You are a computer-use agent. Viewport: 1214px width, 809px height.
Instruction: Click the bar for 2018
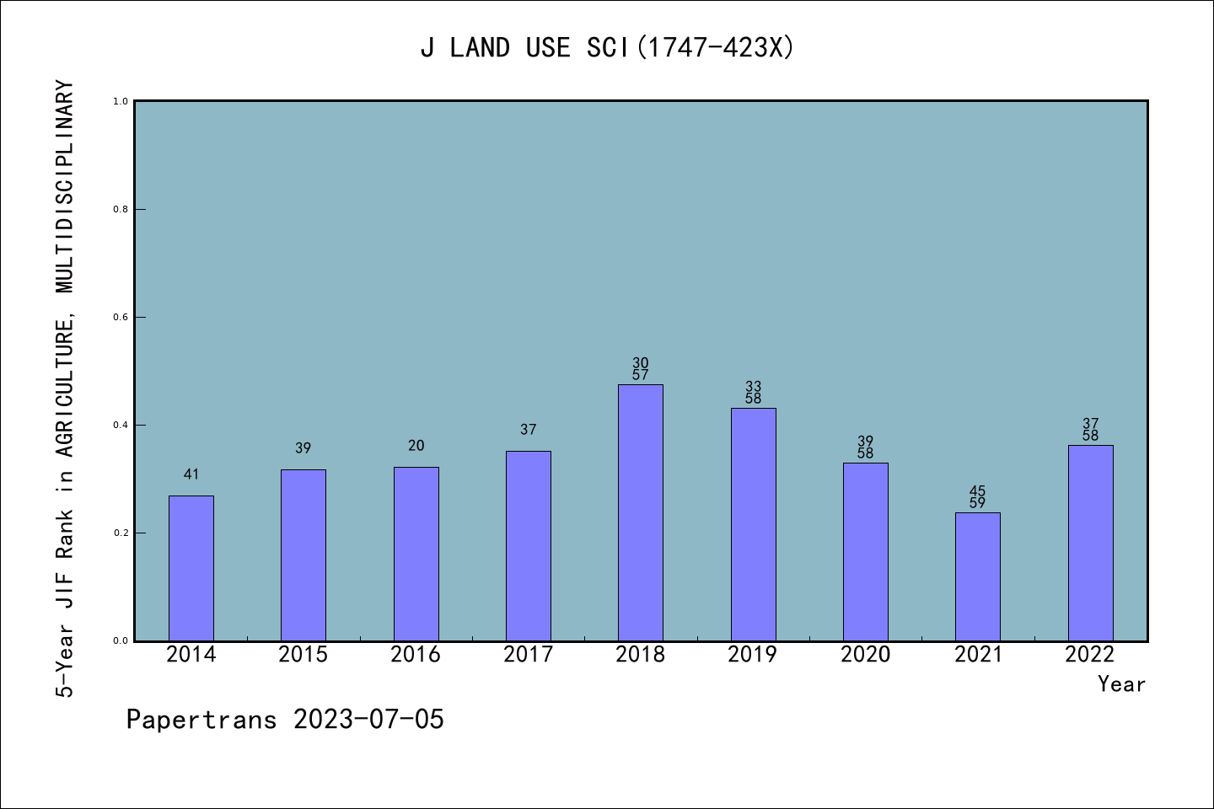(x=640, y=512)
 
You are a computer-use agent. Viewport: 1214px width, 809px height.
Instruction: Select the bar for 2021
(x=977, y=576)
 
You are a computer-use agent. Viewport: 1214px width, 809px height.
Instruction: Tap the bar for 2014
(x=191, y=568)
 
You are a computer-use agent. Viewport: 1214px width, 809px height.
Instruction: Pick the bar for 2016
(x=416, y=554)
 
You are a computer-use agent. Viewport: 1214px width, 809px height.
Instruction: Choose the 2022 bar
(x=1090, y=543)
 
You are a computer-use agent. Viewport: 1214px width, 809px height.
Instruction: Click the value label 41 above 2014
(x=191, y=474)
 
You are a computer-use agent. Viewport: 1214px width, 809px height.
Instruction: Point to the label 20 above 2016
(x=416, y=446)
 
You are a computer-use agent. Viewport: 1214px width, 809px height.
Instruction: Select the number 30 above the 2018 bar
(x=641, y=363)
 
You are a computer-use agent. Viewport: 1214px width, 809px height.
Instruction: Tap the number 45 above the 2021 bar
(x=977, y=491)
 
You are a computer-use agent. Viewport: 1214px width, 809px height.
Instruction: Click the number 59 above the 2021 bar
(x=977, y=503)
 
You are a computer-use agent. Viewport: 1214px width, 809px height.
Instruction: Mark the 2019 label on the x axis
(x=752, y=655)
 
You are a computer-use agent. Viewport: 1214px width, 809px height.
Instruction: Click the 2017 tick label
(x=528, y=655)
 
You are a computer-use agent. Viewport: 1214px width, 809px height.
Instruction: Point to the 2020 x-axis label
(x=865, y=655)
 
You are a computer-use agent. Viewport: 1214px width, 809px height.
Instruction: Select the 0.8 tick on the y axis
(x=121, y=209)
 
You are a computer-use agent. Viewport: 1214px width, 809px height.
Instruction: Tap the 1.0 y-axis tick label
(x=121, y=101)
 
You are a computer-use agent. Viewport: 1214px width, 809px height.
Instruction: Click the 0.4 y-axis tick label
(x=121, y=425)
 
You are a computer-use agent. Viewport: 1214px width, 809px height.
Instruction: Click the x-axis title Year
(x=1121, y=684)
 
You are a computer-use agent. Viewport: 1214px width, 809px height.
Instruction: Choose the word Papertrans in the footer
(x=201, y=720)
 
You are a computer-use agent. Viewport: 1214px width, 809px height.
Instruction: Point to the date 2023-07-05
(x=368, y=720)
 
